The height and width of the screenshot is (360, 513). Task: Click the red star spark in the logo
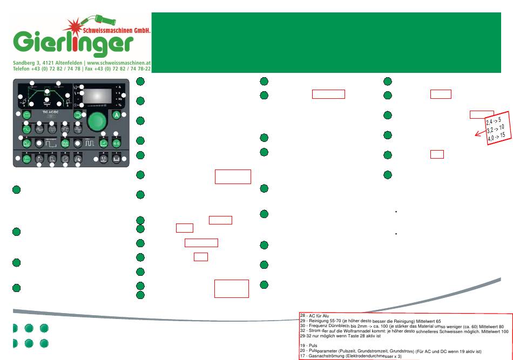(x=75, y=24)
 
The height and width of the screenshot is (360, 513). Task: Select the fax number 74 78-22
(x=137, y=69)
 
